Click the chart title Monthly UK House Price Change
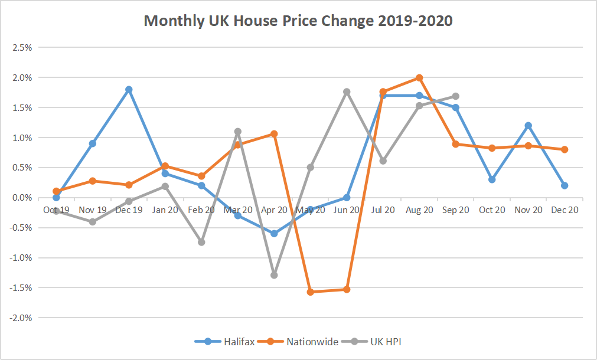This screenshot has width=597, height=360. [x=298, y=21]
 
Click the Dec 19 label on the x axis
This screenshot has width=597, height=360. [x=129, y=210]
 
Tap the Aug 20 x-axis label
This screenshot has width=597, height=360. [x=419, y=210]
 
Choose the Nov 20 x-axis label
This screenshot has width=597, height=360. [x=528, y=210]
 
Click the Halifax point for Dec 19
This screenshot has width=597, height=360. [x=129, y=90]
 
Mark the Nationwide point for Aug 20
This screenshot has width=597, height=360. [x=419, y=77]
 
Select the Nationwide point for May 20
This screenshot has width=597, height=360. [x=311, y=292]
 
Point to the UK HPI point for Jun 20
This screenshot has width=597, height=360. [x=347, y=91]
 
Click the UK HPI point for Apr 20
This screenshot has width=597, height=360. [x=274, y=275]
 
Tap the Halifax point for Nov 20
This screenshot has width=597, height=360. [x=528, y=125]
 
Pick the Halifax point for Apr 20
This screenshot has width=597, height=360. [x=274, y=234]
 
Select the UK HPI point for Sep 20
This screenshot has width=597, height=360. [x=455, y=96]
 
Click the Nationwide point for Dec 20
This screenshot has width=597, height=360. [x=565, y=149]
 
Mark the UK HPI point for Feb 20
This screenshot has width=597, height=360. [x=201, y=242]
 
